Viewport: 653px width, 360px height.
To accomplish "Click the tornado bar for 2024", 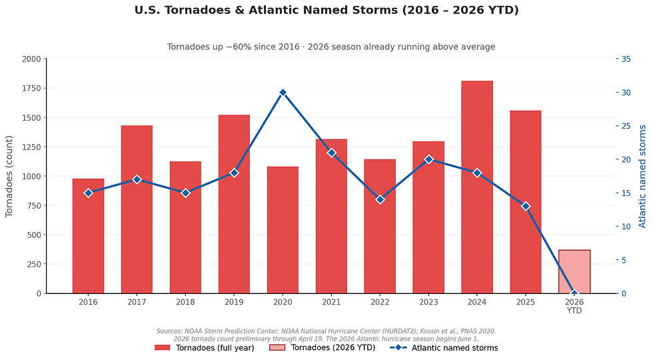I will (477, 187).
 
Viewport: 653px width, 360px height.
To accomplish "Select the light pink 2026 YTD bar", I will (574, 271).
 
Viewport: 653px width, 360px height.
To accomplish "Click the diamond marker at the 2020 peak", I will (283, 93).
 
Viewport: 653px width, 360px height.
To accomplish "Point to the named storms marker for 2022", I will (380, 199).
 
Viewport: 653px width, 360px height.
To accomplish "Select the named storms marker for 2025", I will (526, 206).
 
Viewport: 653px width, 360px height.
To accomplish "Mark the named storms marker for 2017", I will (137, 179).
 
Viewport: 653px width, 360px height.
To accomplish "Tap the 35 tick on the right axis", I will (626, 59).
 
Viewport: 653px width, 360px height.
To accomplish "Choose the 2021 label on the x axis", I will (331, 302).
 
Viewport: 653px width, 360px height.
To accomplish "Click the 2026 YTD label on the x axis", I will (574, 306).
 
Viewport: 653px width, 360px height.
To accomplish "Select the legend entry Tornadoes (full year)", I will (204, 348).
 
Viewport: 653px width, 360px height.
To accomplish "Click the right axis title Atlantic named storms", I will (642, 176).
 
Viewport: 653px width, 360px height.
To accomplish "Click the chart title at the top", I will (326, 10).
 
